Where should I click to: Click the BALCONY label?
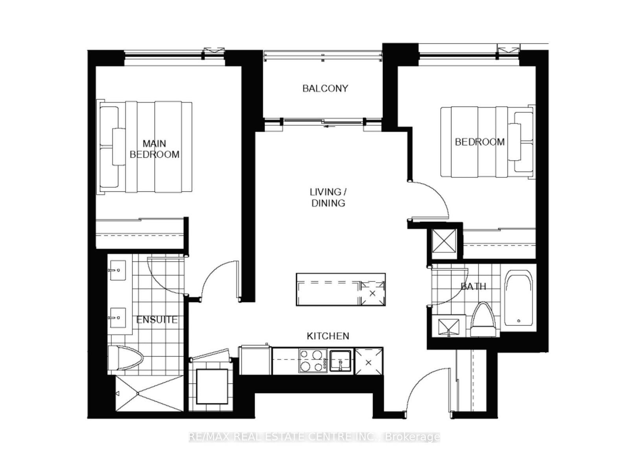click(x=325, y=88)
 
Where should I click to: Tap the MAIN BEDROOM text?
click(x=154, y=149)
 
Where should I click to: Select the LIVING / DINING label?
click(x=328, y=197)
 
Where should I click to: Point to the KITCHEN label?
click(x=328, y=336)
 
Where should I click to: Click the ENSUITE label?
click(x=157, y=320)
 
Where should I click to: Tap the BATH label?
click(x=473, y=287)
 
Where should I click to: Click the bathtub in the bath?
click(x=519, y=300)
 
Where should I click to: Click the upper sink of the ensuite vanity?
click(x=118, y=271)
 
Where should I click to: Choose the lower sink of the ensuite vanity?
click(x=118, y=318)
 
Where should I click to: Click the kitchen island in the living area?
click(x=340, y=290)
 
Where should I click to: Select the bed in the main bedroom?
click(x=145, y=147)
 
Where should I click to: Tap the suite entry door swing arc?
click(x=427, y=389)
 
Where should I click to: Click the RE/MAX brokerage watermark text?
click(x=314, y=437)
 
